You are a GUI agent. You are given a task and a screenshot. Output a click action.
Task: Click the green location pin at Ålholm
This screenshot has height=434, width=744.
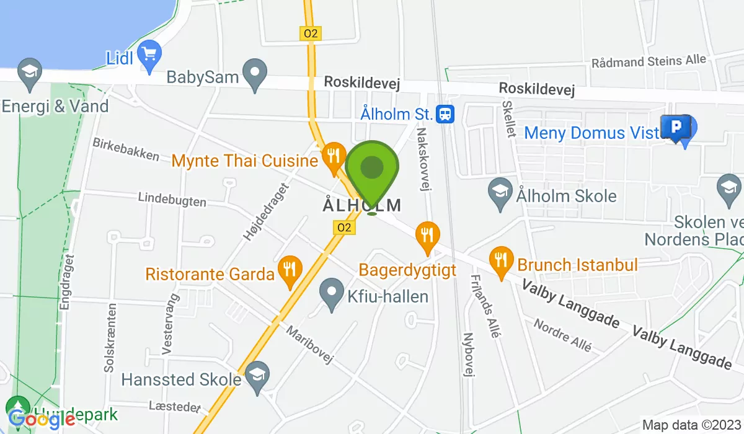coord(371,169)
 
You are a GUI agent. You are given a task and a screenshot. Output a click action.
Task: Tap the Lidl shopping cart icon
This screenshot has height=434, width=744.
coord(149,53)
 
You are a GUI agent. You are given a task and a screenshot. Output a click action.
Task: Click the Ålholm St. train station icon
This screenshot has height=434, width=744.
coord(445,113)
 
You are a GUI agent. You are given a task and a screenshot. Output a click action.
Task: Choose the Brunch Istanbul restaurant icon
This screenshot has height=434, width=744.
coord(501,259)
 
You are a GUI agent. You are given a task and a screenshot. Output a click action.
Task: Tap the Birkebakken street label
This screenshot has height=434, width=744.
coord(126,149)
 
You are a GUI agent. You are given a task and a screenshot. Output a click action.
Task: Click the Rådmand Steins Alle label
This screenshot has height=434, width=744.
coord(649,61)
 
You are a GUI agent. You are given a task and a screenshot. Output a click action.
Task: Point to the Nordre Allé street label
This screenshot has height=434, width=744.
coord(562,335)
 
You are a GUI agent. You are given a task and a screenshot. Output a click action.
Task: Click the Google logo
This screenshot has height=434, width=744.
coord(42,420)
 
